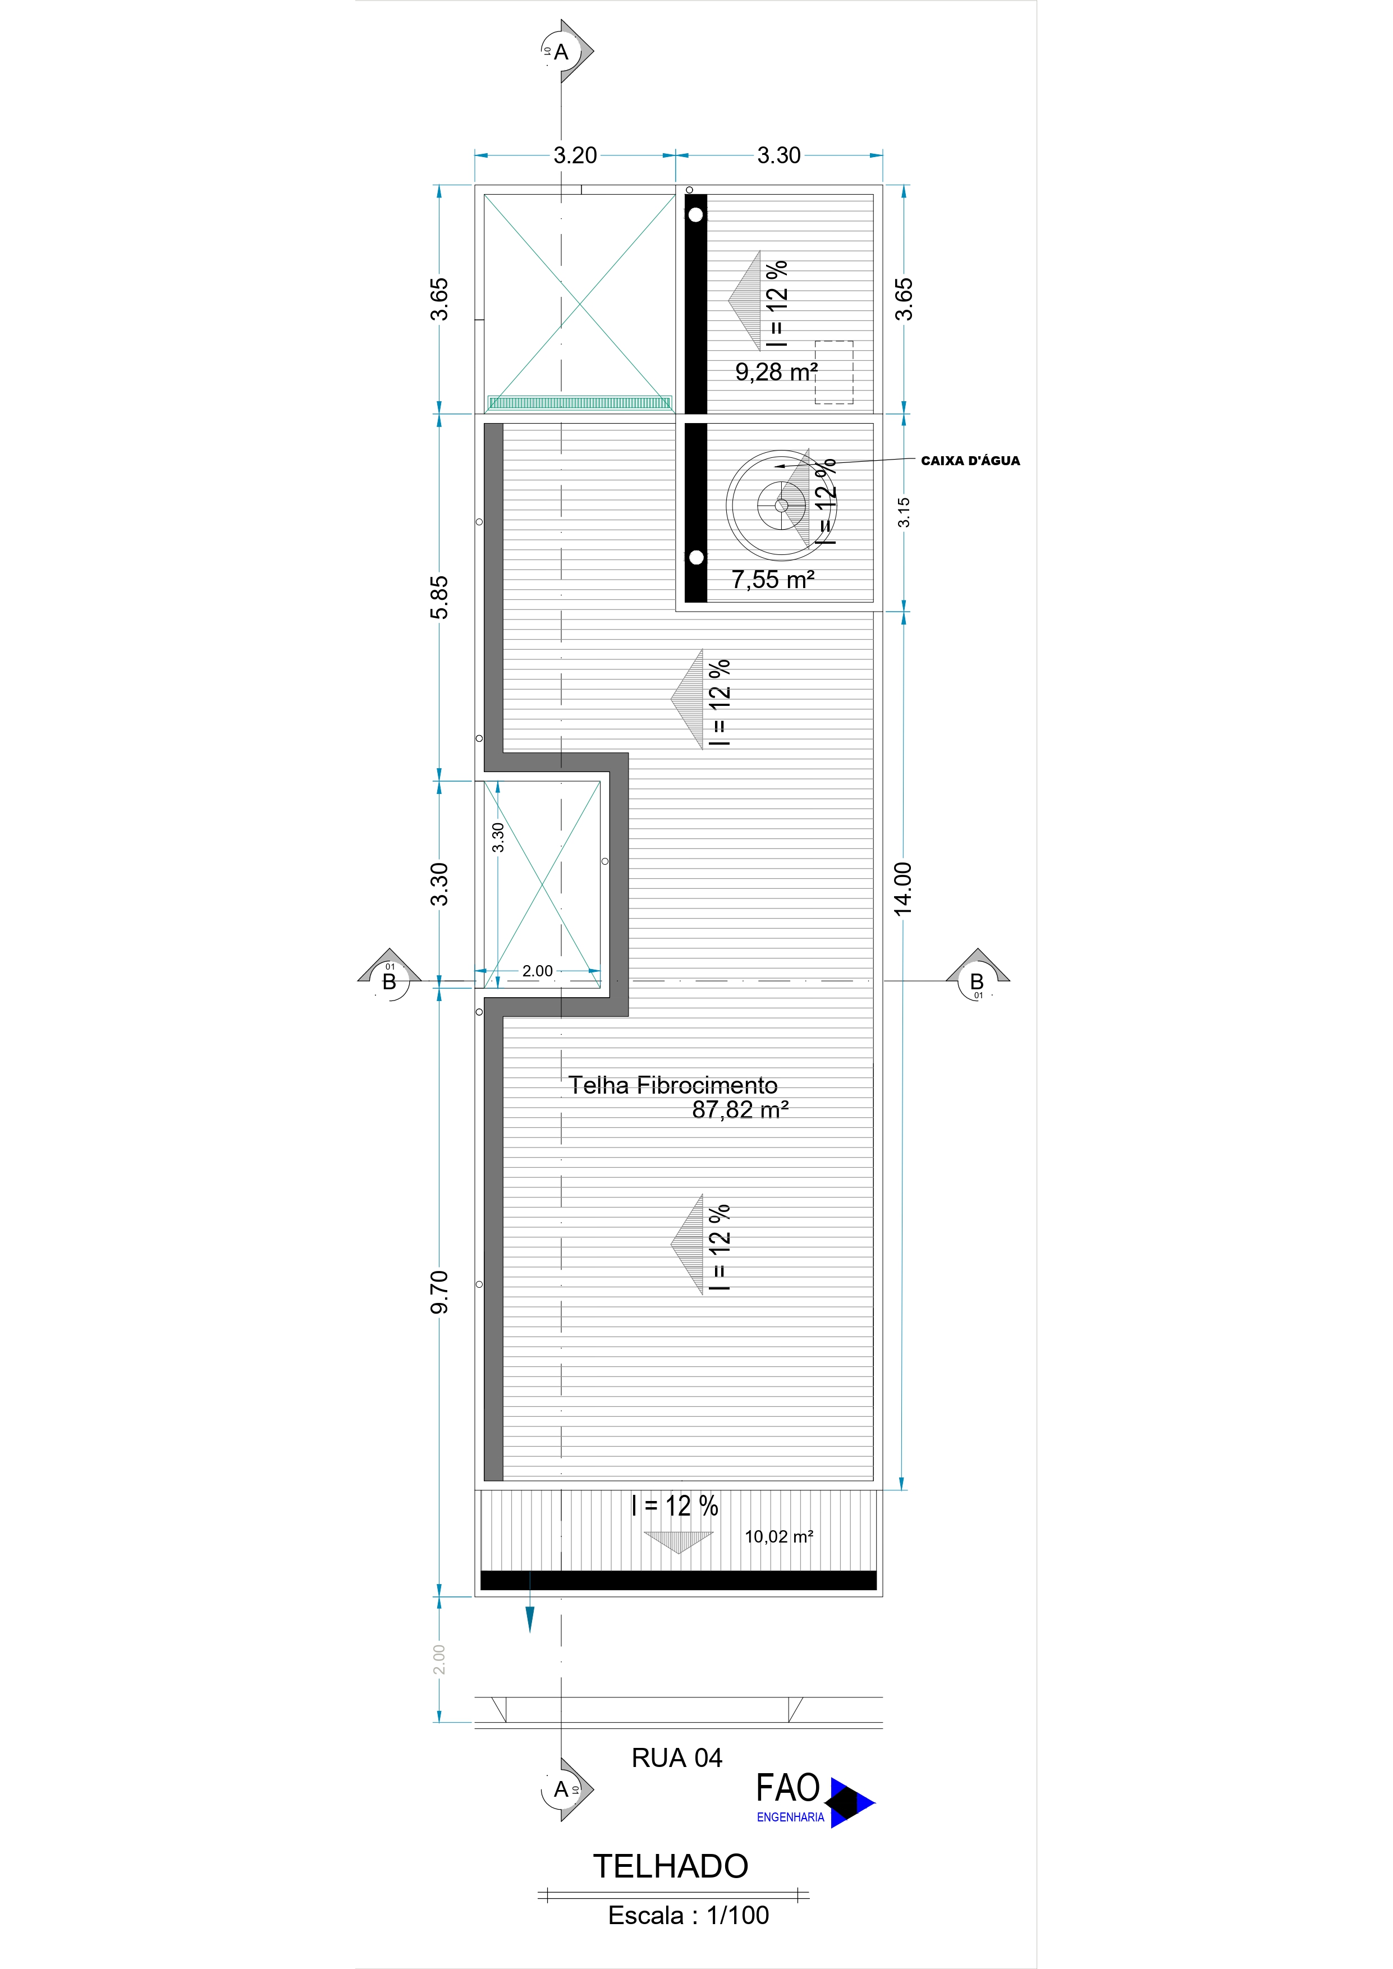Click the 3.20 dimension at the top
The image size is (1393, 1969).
tap(575, 155)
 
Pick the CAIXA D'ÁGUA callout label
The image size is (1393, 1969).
tap(970, 461)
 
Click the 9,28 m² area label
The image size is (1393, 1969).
tap(776, 372)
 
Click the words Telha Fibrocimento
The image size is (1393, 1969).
tap(672, 1085)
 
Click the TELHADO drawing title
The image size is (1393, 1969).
tap(671, 1866)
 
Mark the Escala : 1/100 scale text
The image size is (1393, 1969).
tap(688, 1916)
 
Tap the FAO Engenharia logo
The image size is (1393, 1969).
tap(813, 1799)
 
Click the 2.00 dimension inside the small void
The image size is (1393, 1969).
tap(538, 971)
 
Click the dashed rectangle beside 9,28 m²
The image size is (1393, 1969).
tap(834, 372)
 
